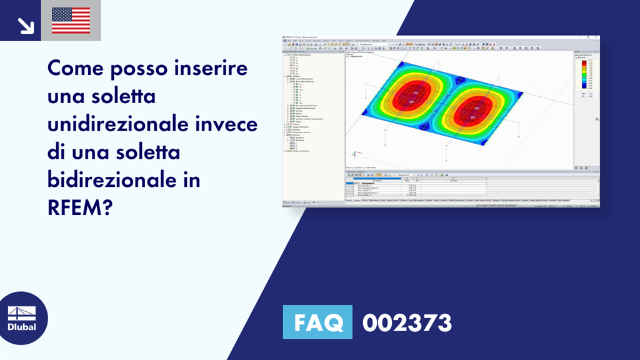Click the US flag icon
[71, 20]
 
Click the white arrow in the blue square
[25, 25]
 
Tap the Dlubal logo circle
[22, 318]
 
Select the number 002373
[407, 323]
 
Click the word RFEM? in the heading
[79, 208]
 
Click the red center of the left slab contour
[407, 94]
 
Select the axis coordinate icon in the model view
[354, 154]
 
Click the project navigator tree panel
[312, 125]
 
